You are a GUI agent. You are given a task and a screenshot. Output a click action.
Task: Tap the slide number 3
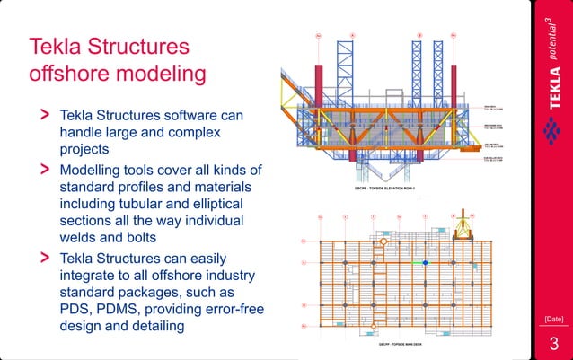[x=553, y=345]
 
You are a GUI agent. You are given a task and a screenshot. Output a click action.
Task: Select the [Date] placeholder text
[x=553, y=319]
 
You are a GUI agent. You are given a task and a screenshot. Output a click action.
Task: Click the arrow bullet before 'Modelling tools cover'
[x=42, y=169]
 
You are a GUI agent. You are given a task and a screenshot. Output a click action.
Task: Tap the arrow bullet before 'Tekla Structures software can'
[x=42, y=116]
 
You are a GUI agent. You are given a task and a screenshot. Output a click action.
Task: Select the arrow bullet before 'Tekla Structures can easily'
[x=42, y=258]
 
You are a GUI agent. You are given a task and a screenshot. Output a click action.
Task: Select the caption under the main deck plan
[x=396, y=342]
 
